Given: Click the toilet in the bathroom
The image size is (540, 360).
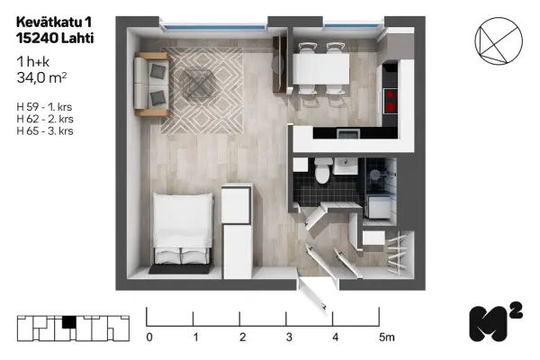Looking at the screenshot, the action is (324, 170).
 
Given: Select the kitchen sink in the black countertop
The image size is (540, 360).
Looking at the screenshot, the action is (348, 134).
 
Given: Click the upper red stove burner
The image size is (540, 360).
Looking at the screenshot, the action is (390, 94).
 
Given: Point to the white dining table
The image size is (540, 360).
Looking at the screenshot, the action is (321, 69).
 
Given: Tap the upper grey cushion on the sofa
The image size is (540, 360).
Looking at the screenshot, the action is (158, 71).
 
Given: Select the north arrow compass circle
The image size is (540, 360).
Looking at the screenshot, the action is (499, 40).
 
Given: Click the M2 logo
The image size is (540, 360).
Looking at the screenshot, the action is (495, 322).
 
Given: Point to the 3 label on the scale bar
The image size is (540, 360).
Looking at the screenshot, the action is (289, 337).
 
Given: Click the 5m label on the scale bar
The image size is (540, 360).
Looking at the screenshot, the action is (387, 337).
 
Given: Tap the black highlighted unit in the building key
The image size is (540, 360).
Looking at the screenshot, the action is (69, 322).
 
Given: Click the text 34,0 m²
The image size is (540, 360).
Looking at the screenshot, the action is (41, 78).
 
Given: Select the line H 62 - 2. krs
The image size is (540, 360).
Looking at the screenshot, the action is (45, 119).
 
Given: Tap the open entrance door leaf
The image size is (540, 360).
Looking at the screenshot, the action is (313, 294).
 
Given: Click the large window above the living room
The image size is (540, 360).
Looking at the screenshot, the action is (214, 27).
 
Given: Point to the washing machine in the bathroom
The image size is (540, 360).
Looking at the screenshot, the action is (378, 207).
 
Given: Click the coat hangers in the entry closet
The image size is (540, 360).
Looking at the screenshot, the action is (397, 253).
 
